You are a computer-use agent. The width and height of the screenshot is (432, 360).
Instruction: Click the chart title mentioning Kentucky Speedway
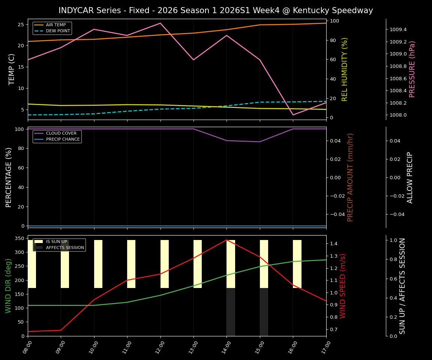(216, 10)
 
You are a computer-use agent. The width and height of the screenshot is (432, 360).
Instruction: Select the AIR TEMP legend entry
(55, 25)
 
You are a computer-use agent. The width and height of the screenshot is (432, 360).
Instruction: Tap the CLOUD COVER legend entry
(61, 133)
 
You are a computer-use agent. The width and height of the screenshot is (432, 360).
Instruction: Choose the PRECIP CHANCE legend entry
(63, 139)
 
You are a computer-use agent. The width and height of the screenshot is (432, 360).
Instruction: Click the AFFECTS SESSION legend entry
(65, 247)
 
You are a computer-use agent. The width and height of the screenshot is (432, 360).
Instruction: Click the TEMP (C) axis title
(12, 69)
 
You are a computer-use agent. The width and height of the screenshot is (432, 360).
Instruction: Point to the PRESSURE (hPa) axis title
(412, 69)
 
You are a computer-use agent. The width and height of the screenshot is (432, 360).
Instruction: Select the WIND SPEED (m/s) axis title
(343, 286)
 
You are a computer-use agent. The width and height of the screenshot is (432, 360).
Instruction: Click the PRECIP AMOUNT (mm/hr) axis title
(350, 177)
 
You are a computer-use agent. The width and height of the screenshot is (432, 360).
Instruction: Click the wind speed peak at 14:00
(226, 240)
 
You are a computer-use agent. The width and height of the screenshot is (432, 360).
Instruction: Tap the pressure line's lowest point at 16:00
(293, 115)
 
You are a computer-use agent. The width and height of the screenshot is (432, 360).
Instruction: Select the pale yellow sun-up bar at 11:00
(131, 264)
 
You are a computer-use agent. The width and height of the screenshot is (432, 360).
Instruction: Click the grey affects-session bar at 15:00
(264, 312)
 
